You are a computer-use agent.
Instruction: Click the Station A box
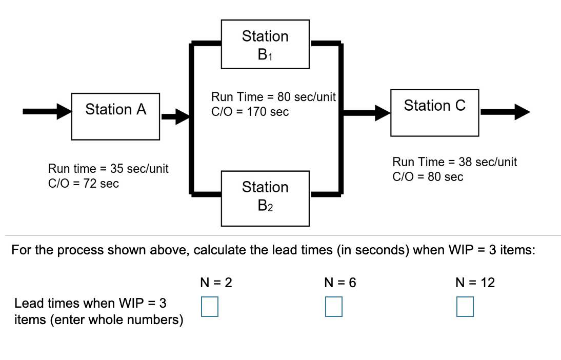pos(115,116)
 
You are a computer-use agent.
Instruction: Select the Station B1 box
pos(265,44)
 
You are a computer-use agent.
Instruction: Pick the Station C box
pos(434,112)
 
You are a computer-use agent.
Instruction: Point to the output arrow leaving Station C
pos(505,111)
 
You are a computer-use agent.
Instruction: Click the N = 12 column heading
pos(475,283)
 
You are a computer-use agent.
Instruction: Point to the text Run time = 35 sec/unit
pos(108,169)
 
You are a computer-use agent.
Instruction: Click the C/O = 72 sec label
pos(84,183)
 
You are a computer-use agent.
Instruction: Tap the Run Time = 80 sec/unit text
pos(273,97)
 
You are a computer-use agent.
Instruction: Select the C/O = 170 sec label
pos(250,111)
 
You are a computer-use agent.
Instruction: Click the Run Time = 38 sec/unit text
pos(454,163)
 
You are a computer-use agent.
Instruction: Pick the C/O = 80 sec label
pos(428,177)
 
